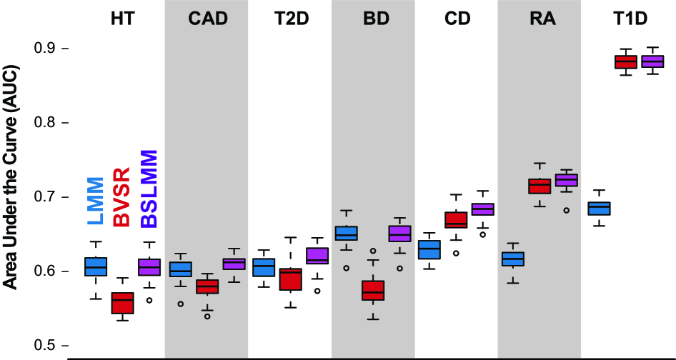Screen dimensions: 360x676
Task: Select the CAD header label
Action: point(207,19)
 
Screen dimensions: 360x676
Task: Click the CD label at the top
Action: point(457,19)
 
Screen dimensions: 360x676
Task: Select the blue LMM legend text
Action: point(96,199)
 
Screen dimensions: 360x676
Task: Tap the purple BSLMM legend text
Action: point(149,189)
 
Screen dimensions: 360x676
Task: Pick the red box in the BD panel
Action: point(372,290)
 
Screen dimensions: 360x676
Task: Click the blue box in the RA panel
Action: point(513,259)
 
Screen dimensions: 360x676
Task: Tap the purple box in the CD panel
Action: point(484,209)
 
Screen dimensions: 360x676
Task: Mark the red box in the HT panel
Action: point(123,303)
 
